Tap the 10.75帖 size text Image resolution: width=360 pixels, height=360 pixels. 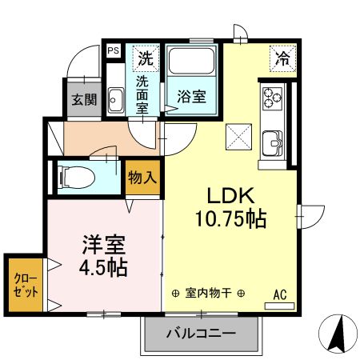tap(232, 218)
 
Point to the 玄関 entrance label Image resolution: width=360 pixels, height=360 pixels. tap(83, 100)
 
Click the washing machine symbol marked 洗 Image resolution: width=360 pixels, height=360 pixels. tap(145, 58)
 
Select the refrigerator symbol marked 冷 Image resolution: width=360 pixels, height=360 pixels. tap(282, 58)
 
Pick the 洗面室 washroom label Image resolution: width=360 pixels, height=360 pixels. tap(142, 94)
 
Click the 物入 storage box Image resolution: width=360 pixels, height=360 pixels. tap(142, 178)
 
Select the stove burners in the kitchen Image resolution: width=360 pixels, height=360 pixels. tap(274, 99)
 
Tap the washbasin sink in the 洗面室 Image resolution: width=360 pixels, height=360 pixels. tap(114, 101)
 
